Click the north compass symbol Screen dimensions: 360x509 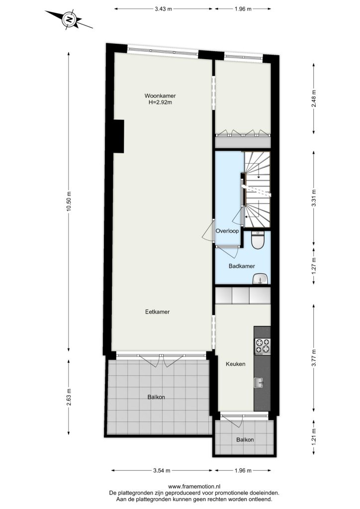(x=69, y=19)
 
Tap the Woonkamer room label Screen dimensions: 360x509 (x=160, y=96)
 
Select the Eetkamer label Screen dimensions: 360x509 (x=158, y=312)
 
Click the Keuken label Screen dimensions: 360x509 (x=235, y=364)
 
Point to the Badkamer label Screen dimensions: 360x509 (x=242, y=266)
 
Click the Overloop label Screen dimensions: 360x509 (x=227, y=231)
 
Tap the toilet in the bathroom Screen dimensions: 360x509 (x=259, y=240)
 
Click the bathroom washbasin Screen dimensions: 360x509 (x=261, y=279)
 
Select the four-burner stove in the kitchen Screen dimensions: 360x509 (x=262, y=346)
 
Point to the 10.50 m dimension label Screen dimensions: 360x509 (x=68, y=201)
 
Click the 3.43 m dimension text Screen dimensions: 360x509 (x=163, y=9)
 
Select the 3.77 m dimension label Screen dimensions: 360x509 (x=314, y=358)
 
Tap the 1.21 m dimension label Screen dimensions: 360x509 (x=314, y=436)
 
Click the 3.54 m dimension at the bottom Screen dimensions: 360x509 (x=162, y=470)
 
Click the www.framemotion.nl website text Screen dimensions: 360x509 (x=194, y=486)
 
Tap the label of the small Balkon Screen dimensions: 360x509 (x=245, y=440)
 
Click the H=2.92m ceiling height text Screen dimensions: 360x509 (x=160, y=102)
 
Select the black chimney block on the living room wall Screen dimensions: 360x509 (x=118, y=136)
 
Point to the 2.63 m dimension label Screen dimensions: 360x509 (x=68, y=397)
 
